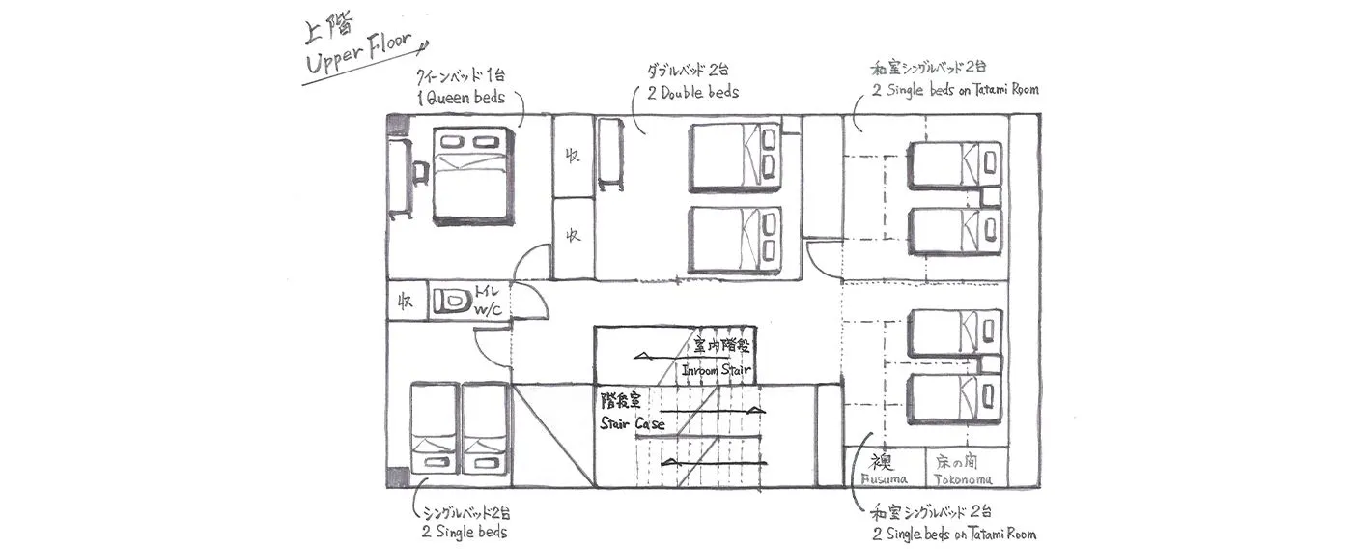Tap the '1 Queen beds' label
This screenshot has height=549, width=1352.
(461, 97)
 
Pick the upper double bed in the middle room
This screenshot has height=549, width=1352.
(735, 158)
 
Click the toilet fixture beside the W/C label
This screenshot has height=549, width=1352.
(451, 302)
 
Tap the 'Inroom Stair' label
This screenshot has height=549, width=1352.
(717, 370)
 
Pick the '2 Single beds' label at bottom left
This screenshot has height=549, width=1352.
(464, 532)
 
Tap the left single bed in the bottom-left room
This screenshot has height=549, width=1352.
(435, 430)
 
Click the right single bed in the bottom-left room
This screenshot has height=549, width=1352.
(486, 430)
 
